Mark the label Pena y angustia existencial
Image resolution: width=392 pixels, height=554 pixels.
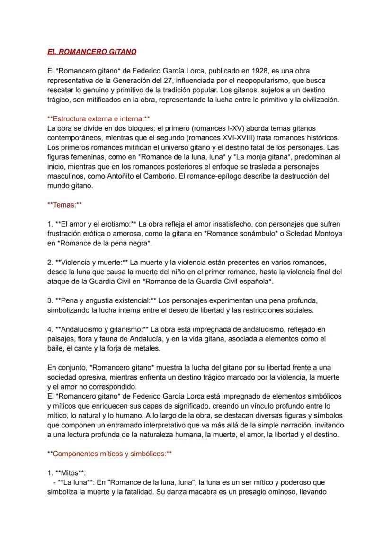pyautogui.click(x=106, y=301)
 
